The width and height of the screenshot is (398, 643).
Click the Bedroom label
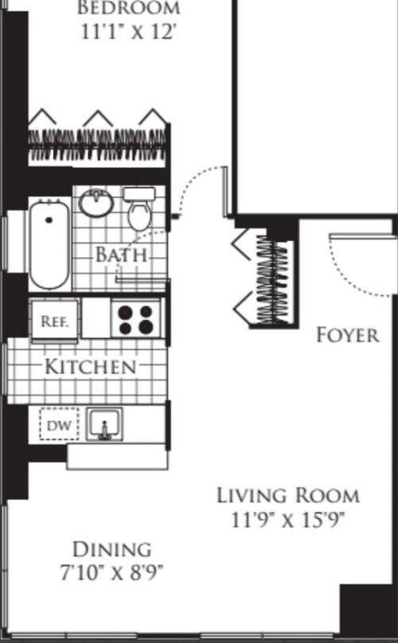pos(129,8)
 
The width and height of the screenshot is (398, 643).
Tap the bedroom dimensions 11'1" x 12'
pos(129,32)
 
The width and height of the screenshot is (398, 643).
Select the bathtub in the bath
pos(49,244)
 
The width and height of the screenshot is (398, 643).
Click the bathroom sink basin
pos(96,202)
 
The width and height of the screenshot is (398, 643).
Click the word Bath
pos(122,255)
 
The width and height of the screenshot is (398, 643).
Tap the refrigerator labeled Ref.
pos(54,321)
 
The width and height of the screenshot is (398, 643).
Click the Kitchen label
pos(90,366)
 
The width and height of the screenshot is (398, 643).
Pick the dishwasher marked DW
pos(59,424)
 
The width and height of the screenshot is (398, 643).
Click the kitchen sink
pos(104,424)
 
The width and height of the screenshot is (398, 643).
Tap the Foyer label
pos(348,335)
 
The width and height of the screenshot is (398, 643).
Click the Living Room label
pos(288,495)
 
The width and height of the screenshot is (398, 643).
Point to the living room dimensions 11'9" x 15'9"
pos(287,520)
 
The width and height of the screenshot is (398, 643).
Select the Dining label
pos(112,549)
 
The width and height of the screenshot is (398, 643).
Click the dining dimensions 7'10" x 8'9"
pos(111,572)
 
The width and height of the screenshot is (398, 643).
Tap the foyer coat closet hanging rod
pos(272,280)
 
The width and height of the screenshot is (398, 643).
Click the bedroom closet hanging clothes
pos(98,145)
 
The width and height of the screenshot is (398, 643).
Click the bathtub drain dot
pos(49,220)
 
